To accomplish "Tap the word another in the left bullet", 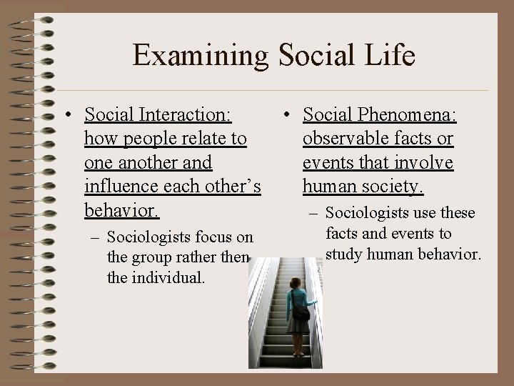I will [146, 163].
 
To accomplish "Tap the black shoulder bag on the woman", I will [301, 312].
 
